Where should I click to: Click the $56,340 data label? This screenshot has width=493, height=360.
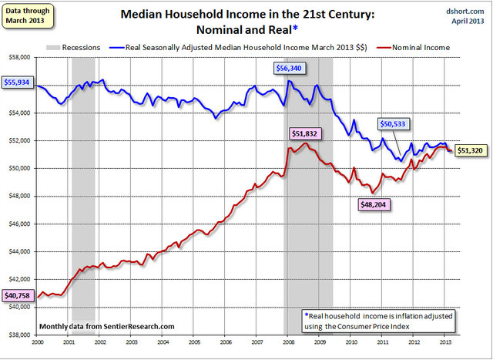coord(290,68)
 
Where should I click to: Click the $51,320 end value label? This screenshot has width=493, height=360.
coord(470,150)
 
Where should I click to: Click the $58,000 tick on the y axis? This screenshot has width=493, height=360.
coord(18,57)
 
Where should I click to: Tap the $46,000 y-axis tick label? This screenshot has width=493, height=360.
coord(18,224)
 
